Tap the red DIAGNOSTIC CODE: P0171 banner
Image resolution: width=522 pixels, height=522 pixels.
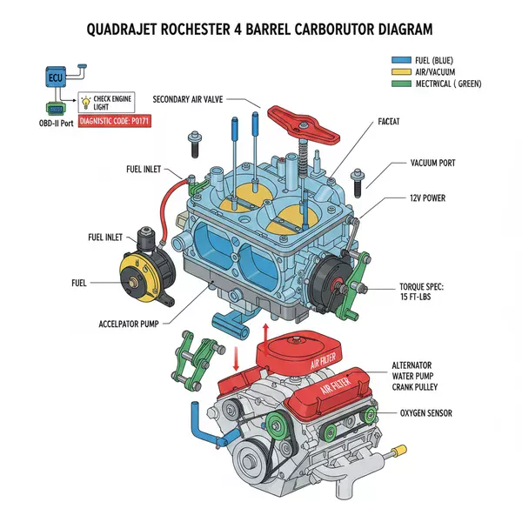[x=114, y=123]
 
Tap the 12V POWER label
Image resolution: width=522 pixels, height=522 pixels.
[x=426, y=198]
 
